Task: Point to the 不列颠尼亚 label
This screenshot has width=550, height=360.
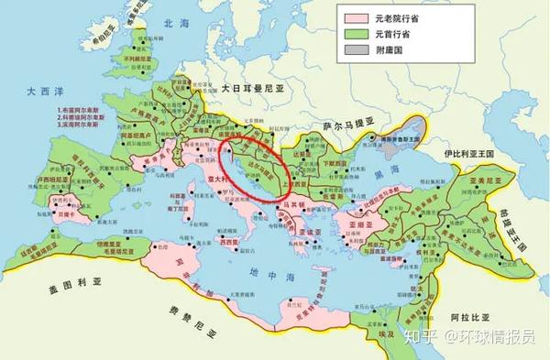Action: point(134,63)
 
